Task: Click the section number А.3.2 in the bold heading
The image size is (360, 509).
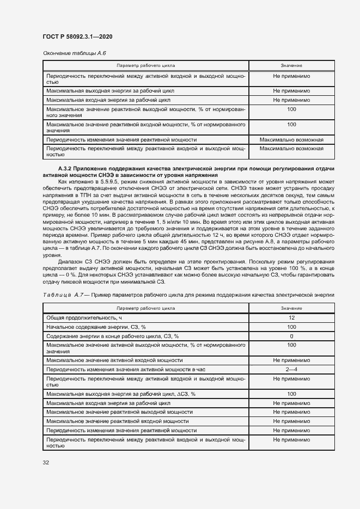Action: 65,168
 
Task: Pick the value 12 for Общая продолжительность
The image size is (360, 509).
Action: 291,317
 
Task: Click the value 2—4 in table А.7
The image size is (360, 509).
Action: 291,370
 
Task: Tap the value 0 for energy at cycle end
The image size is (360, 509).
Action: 291,336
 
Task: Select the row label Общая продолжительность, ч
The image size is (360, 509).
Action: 82,317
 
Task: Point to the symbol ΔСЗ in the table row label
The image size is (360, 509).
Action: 178,394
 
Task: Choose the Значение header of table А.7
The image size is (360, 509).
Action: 291,308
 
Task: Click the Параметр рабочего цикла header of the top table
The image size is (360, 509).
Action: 145,66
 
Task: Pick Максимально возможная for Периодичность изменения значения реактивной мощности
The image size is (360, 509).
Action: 291,139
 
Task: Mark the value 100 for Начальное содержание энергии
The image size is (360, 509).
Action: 291,327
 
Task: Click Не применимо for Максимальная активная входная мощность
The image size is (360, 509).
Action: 291,360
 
